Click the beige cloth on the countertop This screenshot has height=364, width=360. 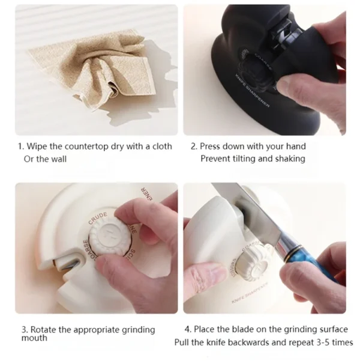point(93,70)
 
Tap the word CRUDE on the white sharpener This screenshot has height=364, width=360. point(98,218)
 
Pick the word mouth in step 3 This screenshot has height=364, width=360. point(34,338)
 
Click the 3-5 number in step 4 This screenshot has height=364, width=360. point(323,342)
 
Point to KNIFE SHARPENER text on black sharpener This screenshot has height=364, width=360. point(253,91)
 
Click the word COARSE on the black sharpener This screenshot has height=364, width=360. point(263,62)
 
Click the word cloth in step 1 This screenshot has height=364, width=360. point(162,147)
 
